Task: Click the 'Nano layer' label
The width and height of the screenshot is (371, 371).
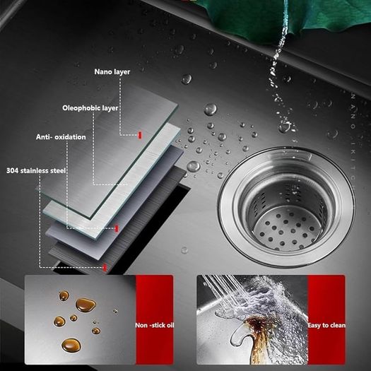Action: (112, 71)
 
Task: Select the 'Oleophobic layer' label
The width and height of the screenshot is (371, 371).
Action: (90, 108)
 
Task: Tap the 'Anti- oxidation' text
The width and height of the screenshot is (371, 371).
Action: (61, 137)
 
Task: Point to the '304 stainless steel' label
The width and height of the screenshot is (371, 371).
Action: (36, 170)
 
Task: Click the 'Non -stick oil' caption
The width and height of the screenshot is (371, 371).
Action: (155, 325)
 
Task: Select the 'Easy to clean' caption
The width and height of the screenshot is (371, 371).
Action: (326, 325)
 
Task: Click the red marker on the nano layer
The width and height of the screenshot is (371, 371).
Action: (140, 135)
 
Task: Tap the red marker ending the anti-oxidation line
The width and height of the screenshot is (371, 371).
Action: (116, 228)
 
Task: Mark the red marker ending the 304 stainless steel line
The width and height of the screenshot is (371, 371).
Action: (105, 268)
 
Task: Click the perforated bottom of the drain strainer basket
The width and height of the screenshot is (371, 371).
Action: (286, 228)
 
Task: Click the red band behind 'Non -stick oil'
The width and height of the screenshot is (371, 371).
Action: (155, 319)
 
